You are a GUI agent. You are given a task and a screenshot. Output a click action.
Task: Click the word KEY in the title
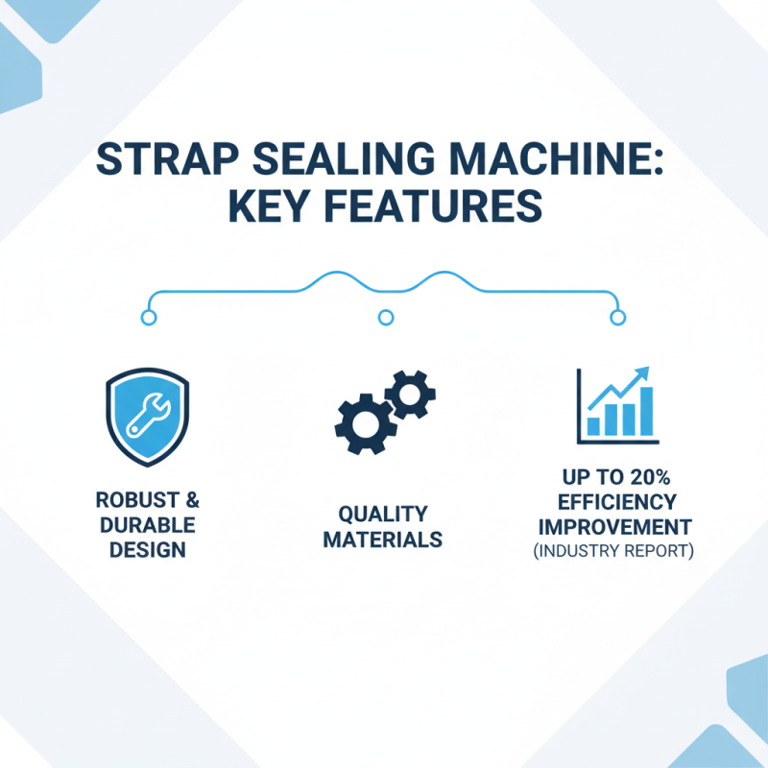(273, 208)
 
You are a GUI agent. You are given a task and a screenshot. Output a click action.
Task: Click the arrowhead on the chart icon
(642, 372)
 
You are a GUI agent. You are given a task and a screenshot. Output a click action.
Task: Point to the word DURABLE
(147, 526)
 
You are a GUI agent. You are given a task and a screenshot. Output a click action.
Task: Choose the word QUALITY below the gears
(382, 514)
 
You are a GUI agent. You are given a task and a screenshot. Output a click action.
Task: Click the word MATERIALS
(382, 540)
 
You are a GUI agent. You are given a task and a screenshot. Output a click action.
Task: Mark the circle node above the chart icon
(618, 317)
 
